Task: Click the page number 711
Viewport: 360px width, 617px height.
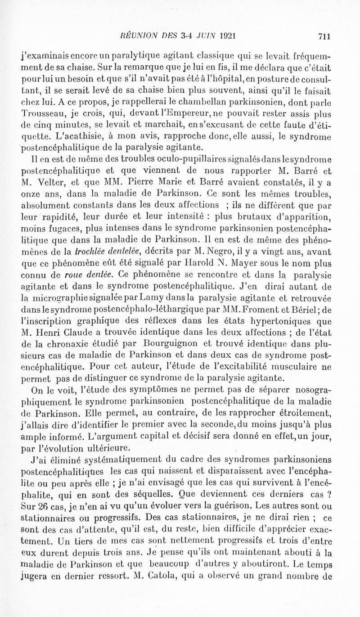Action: click(324, 34)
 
